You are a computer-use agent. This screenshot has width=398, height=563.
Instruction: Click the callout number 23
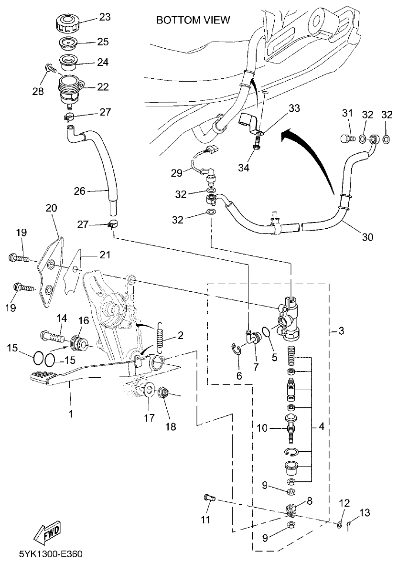pyautogui.click(x=104, y=17)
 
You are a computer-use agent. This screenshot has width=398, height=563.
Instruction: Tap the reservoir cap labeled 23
pyautogui.click(x=66, y=23)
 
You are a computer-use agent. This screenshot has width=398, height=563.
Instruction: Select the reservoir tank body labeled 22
pyautogui.click(x=69, y=88)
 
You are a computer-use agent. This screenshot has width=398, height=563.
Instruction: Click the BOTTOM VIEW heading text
pyautogui.click(x=194, y=20)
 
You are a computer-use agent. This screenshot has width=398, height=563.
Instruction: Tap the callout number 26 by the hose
pyautogui.click(x=79, y=191)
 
